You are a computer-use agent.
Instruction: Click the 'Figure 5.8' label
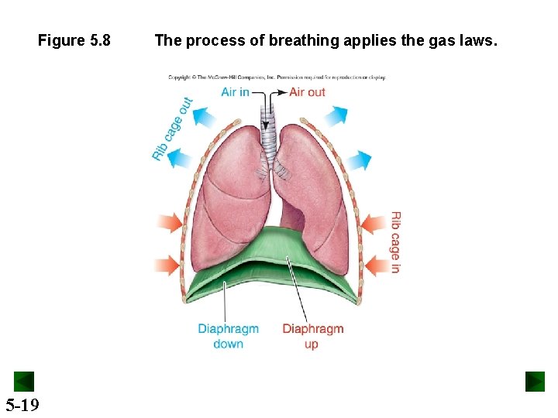[x=74, y=40]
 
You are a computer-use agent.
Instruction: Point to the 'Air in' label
[x=235, y=92]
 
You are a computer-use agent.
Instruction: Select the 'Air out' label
[x=307, y=92]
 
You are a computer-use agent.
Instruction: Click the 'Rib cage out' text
[x=172, y=128]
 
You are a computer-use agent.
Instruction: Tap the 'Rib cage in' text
[x=395, y=242]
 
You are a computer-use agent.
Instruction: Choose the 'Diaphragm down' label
[x=228, y=336]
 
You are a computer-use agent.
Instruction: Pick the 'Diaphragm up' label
[x=312, y=336]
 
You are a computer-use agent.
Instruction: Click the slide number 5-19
[x=22, y=404]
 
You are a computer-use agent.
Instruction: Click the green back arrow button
[x=24, y=382]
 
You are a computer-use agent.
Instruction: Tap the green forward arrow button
[x=535, y=382]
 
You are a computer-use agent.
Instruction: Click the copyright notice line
[x=277, y=77]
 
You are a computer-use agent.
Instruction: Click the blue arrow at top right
[x=336, y=116]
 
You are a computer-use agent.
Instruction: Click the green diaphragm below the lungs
[x=271, y=263]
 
